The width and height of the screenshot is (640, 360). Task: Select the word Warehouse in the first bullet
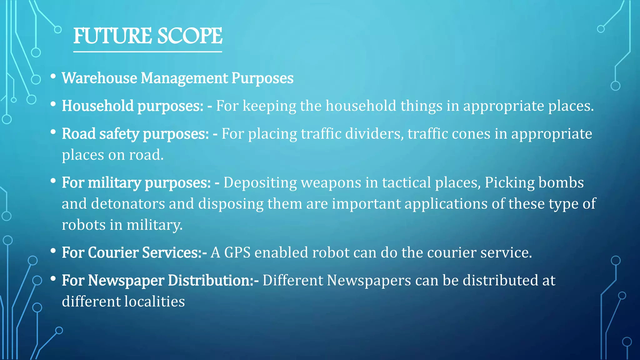click(99, 78)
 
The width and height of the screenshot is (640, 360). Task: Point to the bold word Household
click(98, 106)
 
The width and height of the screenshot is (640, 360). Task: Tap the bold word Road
click(78, 133)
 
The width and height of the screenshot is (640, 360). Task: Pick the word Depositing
click(260, 182)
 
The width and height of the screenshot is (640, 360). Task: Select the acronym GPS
click(237, 252)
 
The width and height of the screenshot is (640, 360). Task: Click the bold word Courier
click(113, 252)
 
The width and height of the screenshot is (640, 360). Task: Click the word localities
click(154, 302)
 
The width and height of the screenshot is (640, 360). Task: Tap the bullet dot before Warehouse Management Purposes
click(53, 76)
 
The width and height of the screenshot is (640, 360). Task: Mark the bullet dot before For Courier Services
click(53, 250)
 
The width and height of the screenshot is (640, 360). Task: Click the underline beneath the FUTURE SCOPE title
click(147, 52)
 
